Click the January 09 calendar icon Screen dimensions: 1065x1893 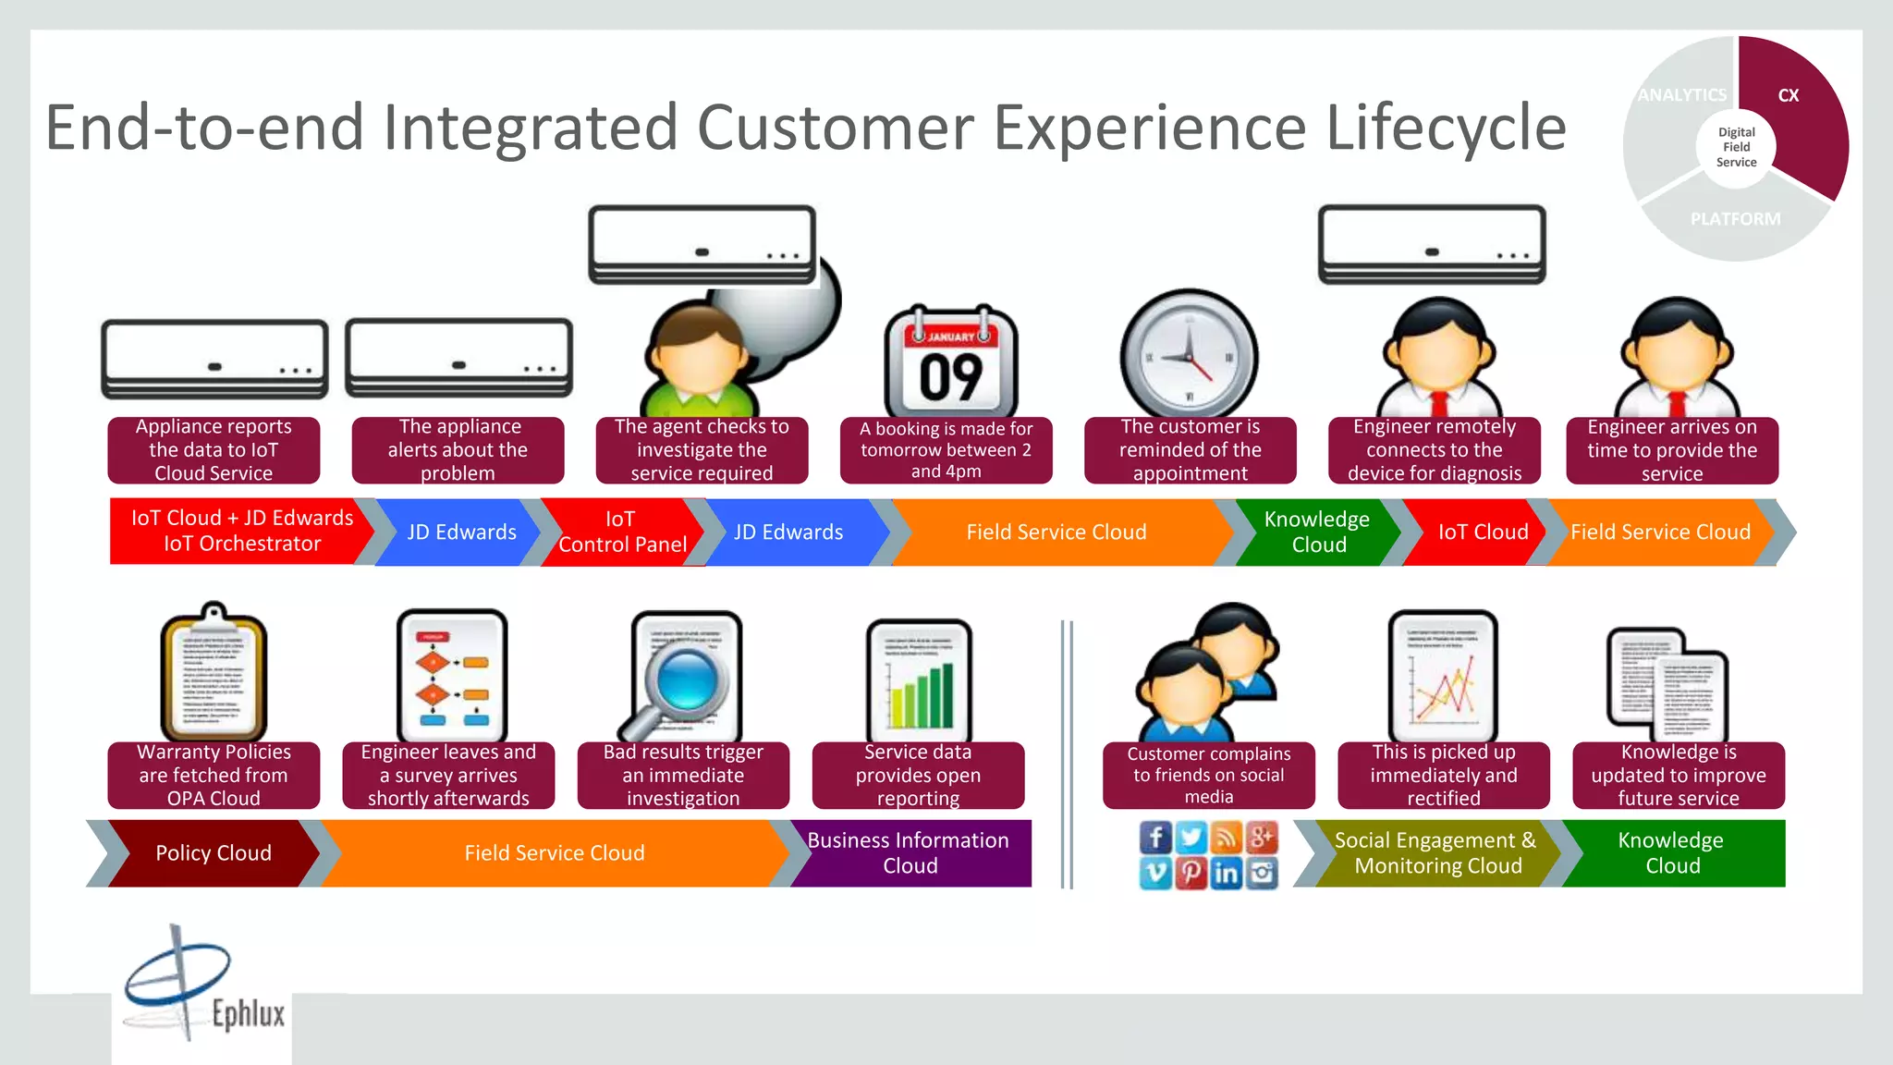tap(951, 362)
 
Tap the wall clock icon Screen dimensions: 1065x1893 tap(1190, 355)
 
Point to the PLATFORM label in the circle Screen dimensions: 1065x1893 tap(1735, 219)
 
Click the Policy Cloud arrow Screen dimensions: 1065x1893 tap(213, 853)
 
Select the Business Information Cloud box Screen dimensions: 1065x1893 tap(910, 853)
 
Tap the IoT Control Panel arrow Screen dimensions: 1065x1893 tap(621, 532)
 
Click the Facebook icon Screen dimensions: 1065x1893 tap(1155, 838)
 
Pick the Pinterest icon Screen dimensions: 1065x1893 tap(1191, 873)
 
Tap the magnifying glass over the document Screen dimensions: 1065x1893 tap(685, 679)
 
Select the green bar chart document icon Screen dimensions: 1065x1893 tap(919, 682)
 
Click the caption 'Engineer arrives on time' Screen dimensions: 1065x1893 tap(1672, 450)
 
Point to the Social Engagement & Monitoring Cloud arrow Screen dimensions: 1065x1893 tap(1435, 853)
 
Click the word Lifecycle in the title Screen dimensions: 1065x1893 tap(1446, 128)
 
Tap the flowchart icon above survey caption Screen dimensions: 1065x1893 tap(452, 675)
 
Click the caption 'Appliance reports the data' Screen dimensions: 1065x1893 tap(214, 450)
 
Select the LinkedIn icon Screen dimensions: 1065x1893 tap(1227, 873)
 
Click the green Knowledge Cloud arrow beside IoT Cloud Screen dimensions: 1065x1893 tap(1317, 532)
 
